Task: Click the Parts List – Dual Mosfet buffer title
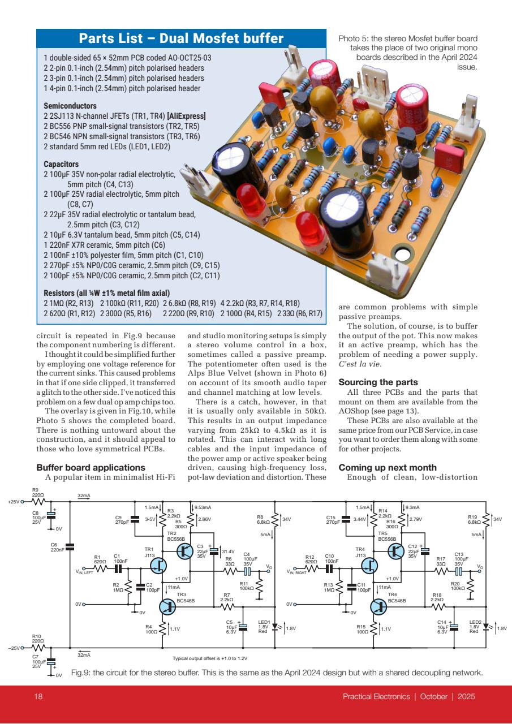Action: pyautogui.click(x=181, y=39)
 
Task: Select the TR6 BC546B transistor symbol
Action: pyautogui.click(x=380, y=606)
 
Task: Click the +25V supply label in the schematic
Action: pyautogui.click(x=13, y=502)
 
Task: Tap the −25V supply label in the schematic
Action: pyautogui.click(x=13, y=647)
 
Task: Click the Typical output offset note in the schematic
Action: pyautogui.click(x=210, y=658)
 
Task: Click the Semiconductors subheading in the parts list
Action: pyautogui.click(x=70, y=106)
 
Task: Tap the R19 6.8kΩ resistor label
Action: pyautogui.click(x=474, y=519)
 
